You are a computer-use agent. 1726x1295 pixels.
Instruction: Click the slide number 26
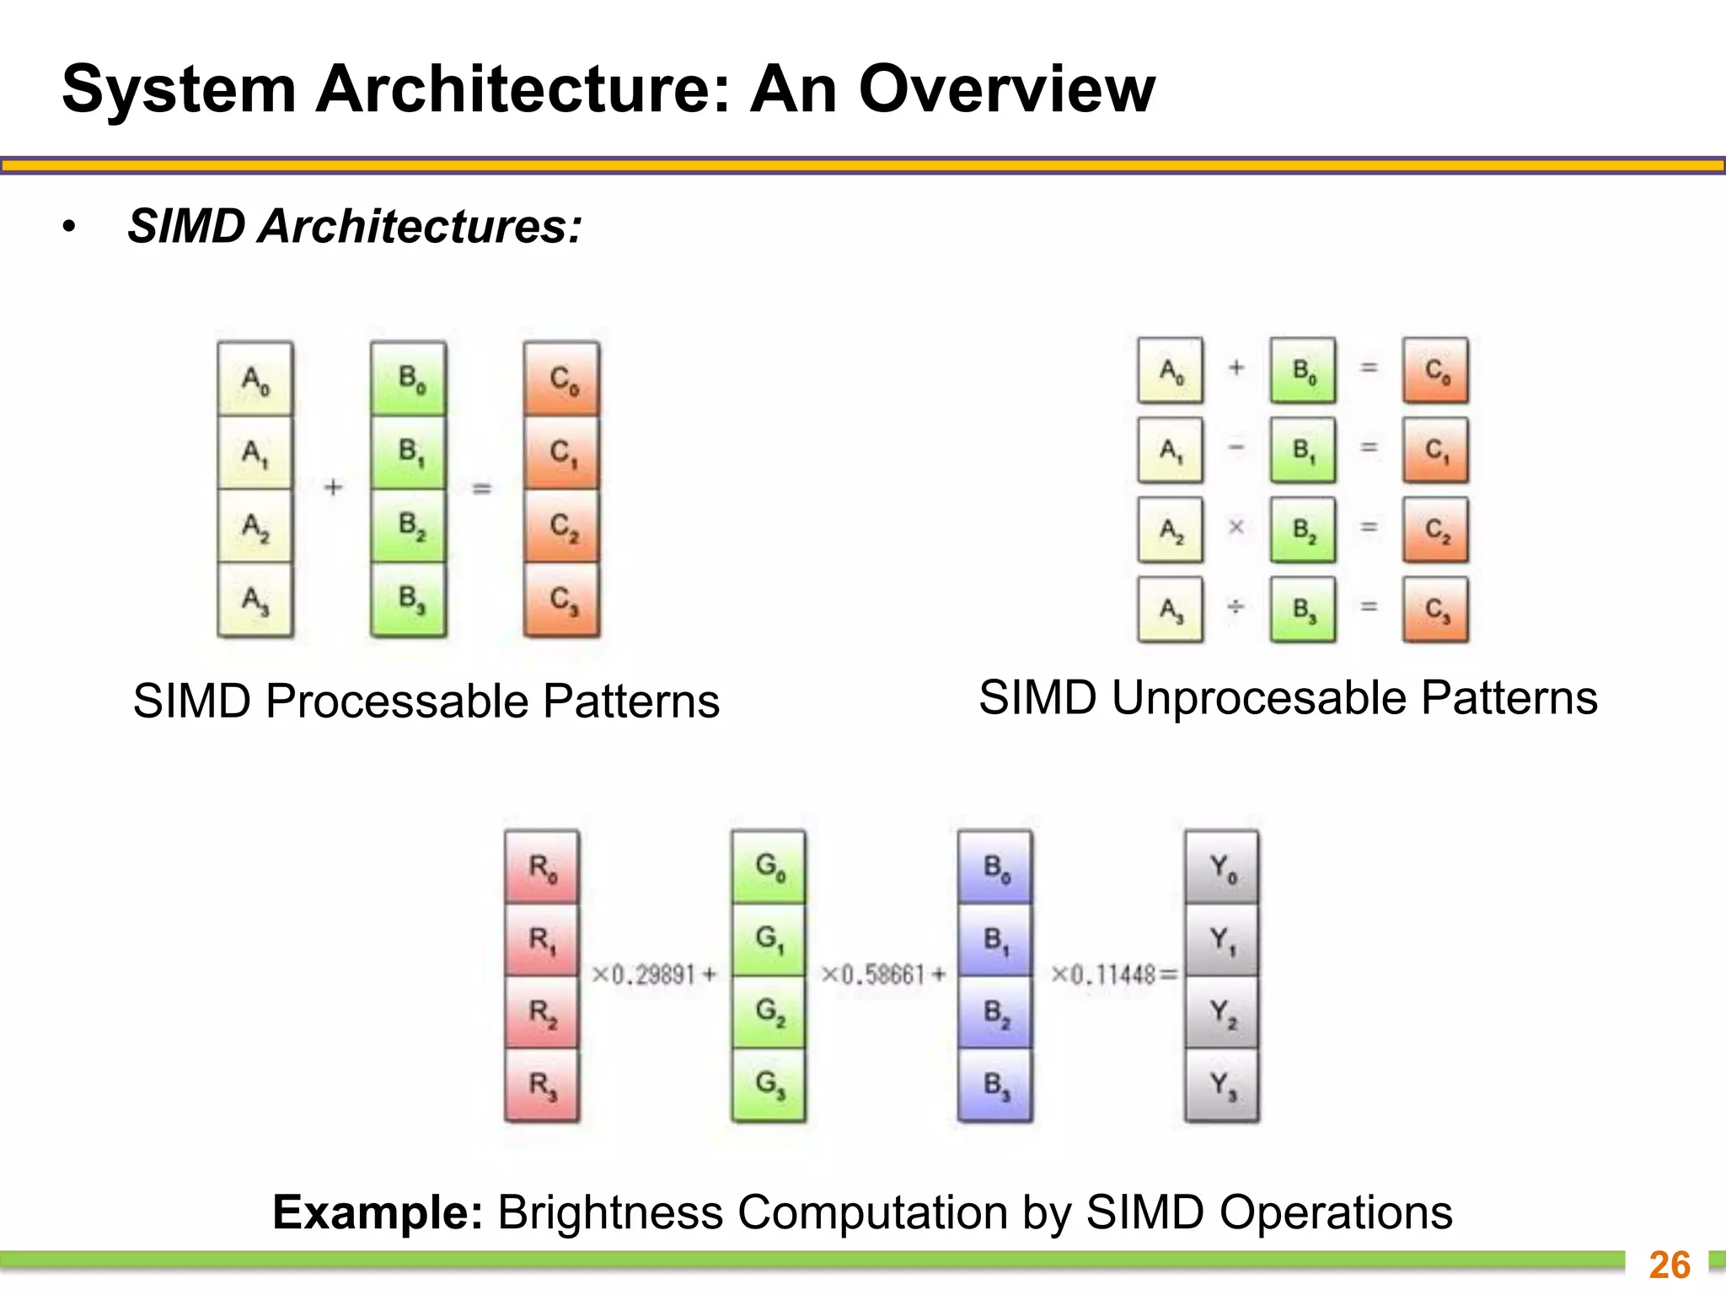coord(1670,1265)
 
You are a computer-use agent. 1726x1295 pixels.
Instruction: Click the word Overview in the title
coord(1006,89)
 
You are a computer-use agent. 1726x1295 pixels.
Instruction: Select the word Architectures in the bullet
coord(419,227)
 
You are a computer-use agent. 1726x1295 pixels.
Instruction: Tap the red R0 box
coord(542,867)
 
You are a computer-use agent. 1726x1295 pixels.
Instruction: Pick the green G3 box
coord(769,1084)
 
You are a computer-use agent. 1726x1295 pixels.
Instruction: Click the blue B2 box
coord(995,1012)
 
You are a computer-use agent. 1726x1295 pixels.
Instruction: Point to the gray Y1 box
coord(1222,939)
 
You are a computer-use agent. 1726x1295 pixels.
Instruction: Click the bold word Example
coord(377,1213)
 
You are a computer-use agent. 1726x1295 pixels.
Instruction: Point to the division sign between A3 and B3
coord(1236,607)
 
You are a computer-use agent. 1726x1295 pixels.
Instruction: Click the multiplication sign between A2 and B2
coord(1236,528)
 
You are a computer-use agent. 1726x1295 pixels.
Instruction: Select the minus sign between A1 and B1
coord(1236,448)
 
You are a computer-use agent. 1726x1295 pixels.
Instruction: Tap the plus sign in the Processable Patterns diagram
coord(334,487)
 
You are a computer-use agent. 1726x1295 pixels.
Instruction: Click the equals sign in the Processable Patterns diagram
coord(482,488)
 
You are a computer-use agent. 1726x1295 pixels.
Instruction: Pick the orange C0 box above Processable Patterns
coord(562,379)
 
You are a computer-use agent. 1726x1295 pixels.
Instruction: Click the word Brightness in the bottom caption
coord(610,1213)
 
